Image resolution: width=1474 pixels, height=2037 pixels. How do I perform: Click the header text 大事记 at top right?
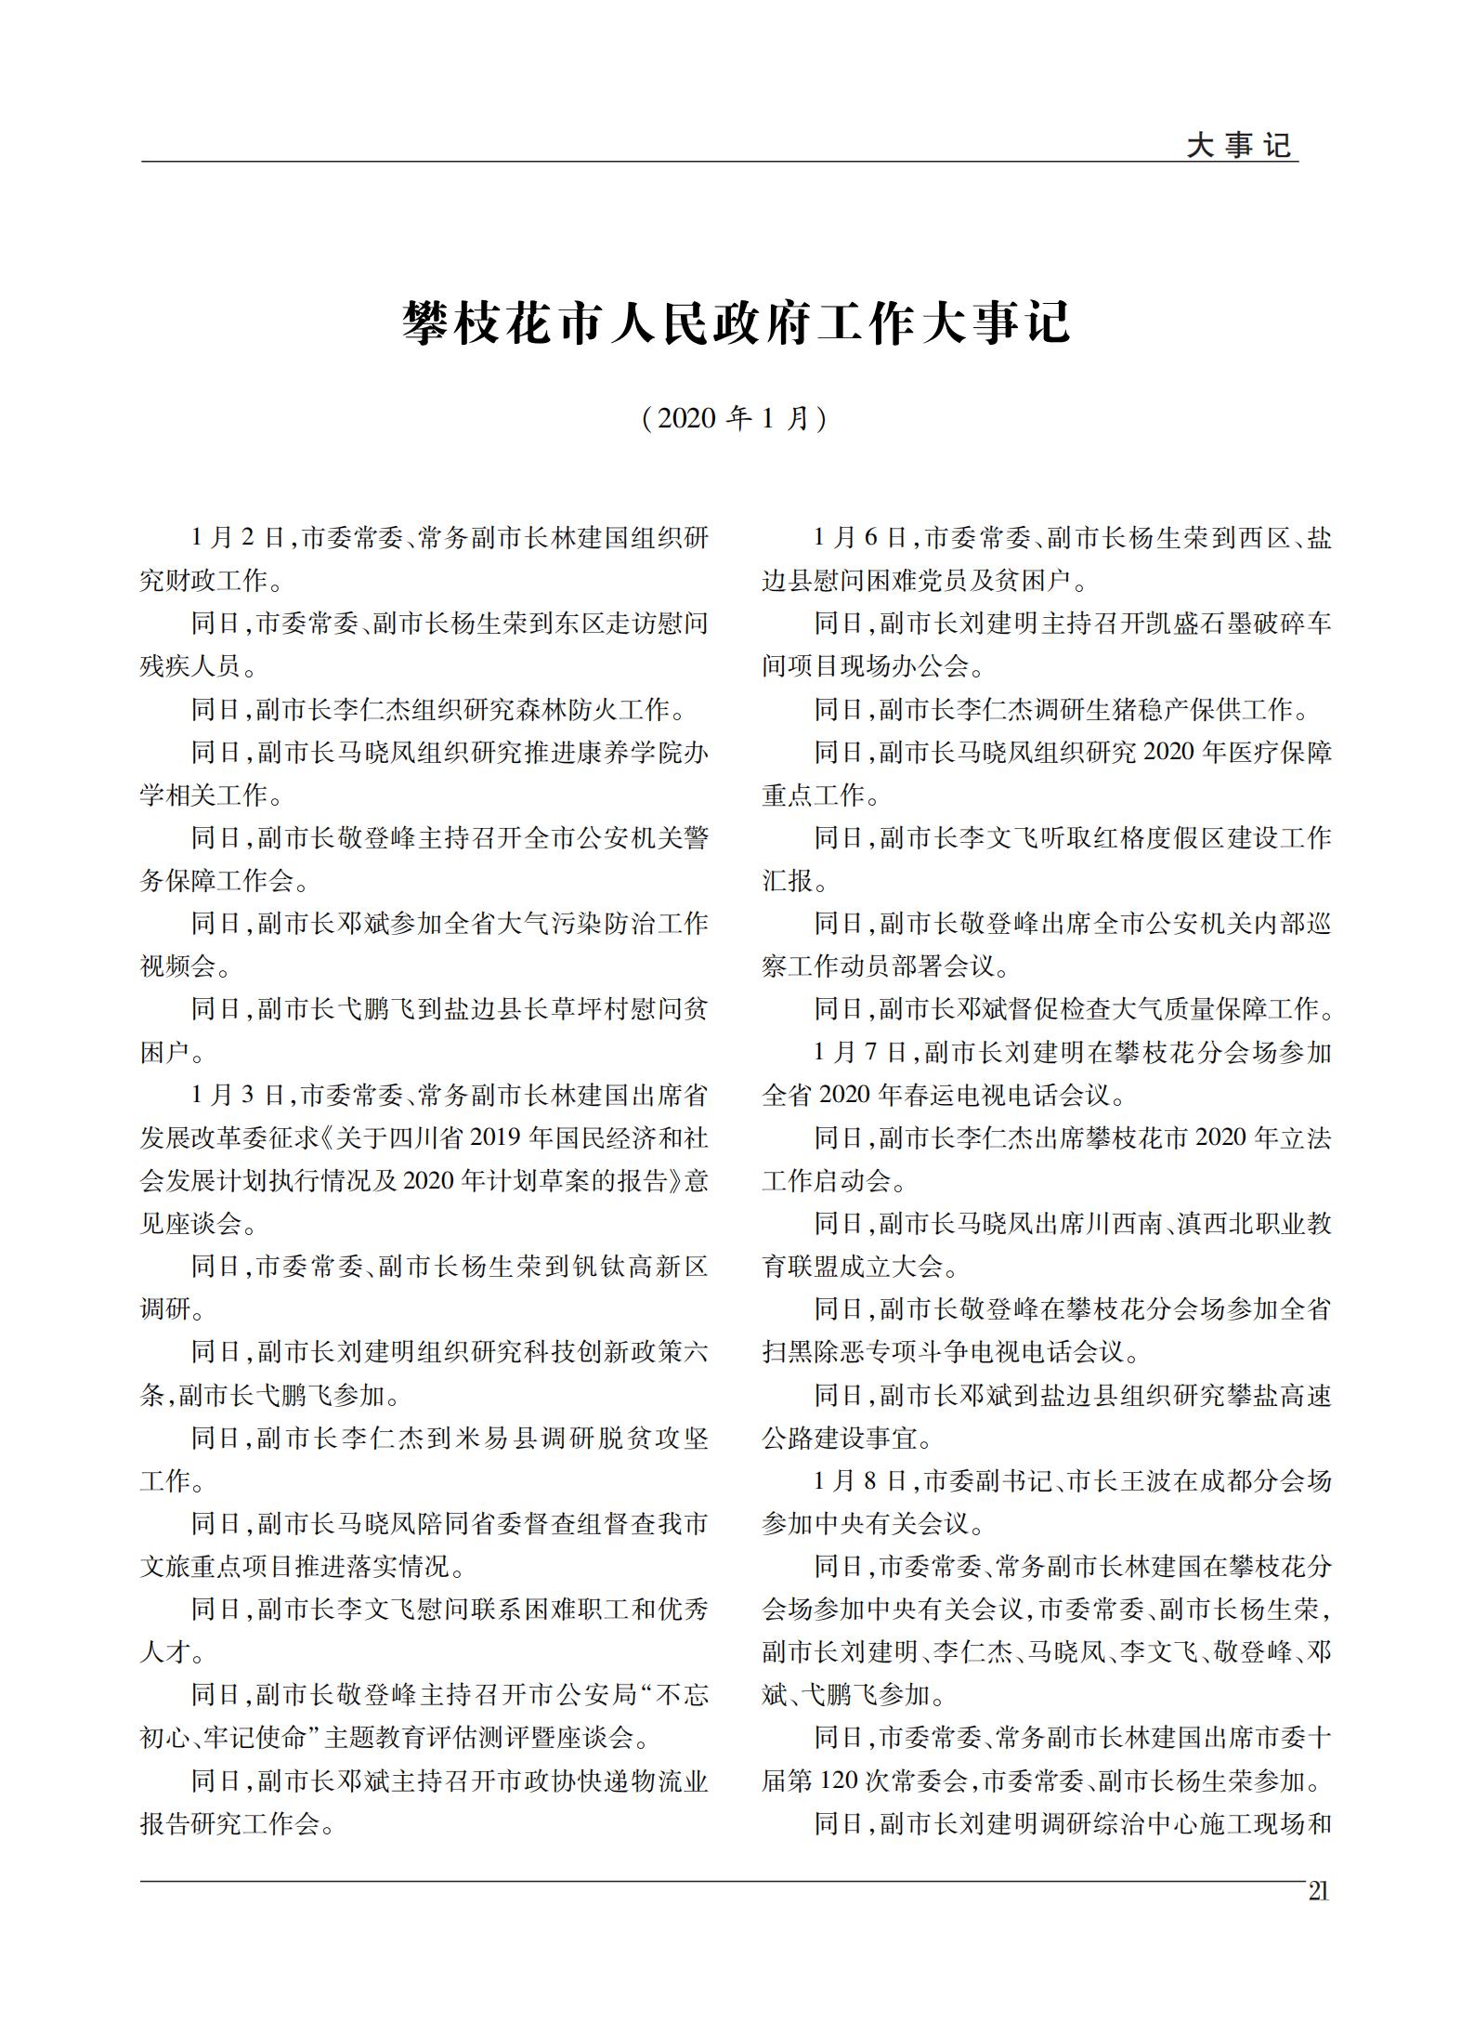tap(1239, 145)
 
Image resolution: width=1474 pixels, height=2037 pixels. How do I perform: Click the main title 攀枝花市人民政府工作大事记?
tap(737, 322)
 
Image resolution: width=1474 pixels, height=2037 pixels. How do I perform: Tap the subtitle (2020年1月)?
tap(735, 418)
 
